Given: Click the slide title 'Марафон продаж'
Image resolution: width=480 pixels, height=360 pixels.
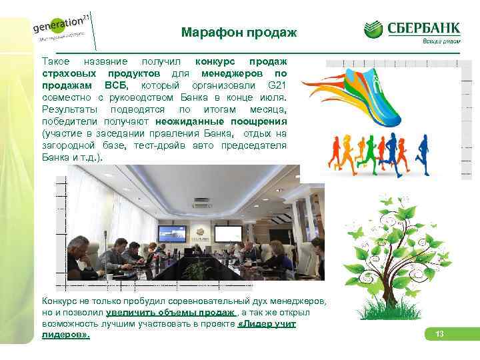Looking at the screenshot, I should [239, 33].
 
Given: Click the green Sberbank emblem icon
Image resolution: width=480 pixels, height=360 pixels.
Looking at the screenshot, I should [374, 30].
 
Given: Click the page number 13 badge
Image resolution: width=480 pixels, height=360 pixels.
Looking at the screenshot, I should [439, 333].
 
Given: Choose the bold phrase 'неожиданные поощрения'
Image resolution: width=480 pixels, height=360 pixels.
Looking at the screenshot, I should [221, 121].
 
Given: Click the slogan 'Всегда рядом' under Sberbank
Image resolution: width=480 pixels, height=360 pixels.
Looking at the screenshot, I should [441, 41].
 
